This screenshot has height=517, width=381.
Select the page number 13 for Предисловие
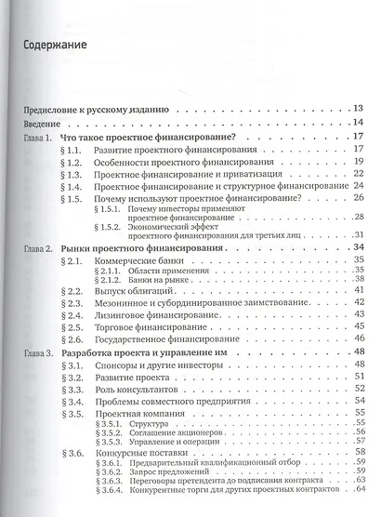357,109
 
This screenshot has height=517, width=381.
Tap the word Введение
42,123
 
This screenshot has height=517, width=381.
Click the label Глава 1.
39,137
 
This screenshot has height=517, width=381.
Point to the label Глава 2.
39,248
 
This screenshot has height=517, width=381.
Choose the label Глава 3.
39,354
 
